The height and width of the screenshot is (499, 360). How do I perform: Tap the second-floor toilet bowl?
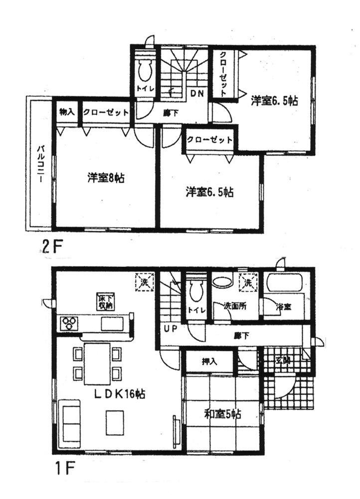(146, 71)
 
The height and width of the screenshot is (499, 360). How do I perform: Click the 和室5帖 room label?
(222, 414)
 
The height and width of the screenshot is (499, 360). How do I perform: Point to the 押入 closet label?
(208, 361)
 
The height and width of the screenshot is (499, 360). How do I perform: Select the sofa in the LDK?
(70, 421)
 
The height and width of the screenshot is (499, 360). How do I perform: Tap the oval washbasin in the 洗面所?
(223, 282)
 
